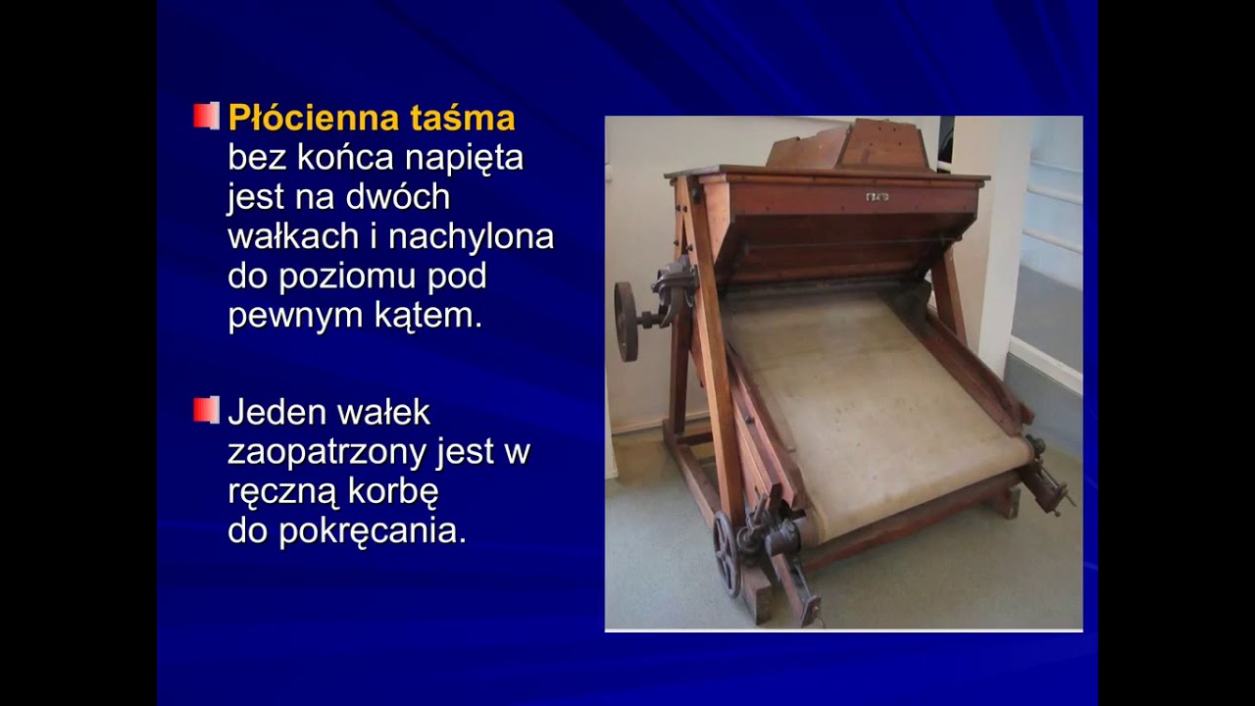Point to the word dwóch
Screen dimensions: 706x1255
pyautogui.click(x=397, y=197)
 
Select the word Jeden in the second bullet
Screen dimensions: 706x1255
pyautogui.click(x=274, y=412)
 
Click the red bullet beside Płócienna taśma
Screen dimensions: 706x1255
pyautogui.click(x=205, y=116)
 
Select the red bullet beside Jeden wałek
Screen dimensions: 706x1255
pyautogui.click(x=205, y=409)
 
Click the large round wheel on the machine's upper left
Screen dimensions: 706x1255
pyautogui.click(x=627, y=321)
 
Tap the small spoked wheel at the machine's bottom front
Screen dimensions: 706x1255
pyautogui.click(x=727, y=553)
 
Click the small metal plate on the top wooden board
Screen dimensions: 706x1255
pyautogui.click(x=877, y=197)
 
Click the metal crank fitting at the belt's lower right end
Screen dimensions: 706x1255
pyautogui.click(x=1045, y=480)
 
